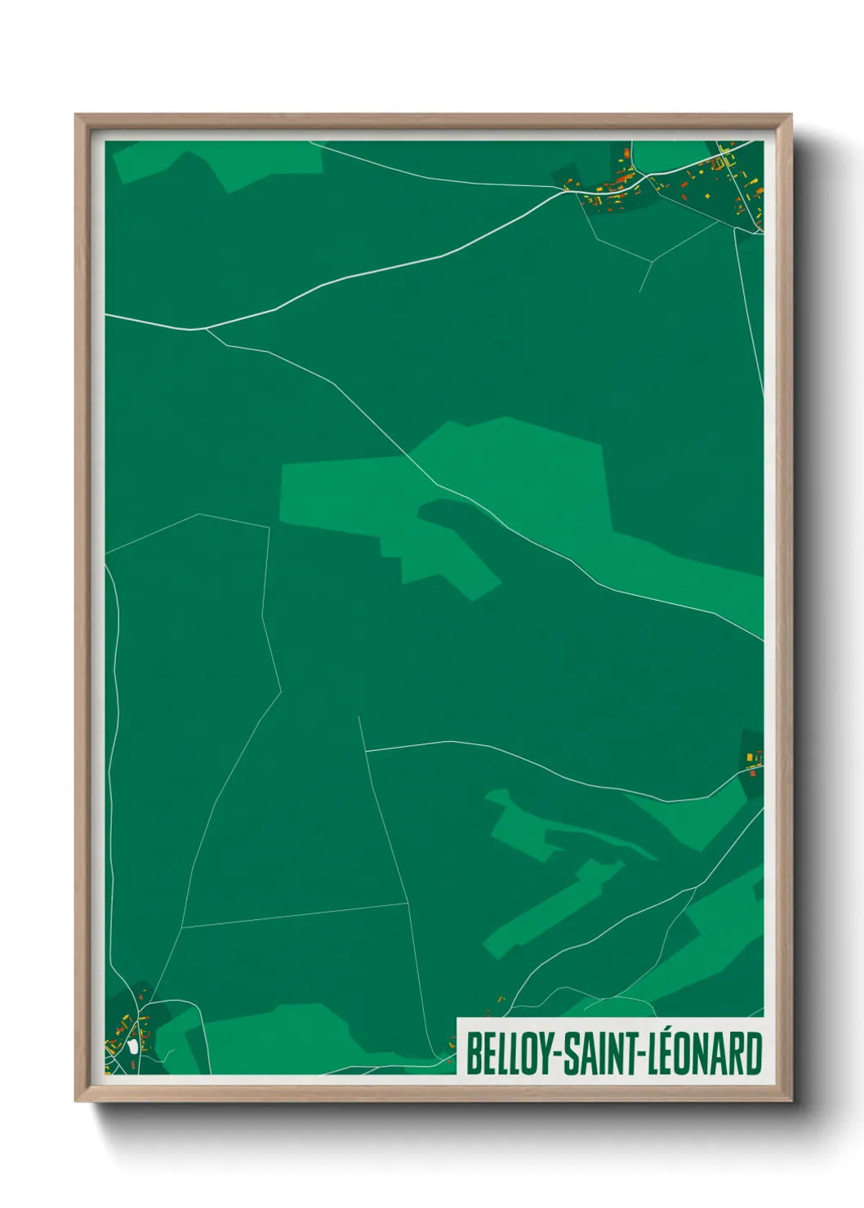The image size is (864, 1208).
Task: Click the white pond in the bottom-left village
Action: (x=132, y=1047)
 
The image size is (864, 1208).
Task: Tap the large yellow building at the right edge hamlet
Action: (x=749, y=758)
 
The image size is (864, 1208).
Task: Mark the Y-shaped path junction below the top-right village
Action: (x=652, y=262)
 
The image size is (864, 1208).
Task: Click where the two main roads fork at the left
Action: (x=204, y=329)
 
